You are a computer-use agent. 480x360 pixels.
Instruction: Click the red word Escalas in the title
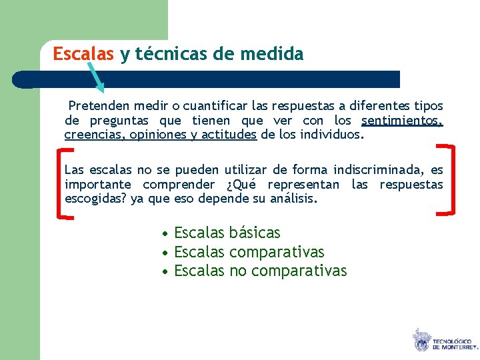[83, 54]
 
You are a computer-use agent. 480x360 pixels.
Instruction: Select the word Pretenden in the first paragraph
[99, 106]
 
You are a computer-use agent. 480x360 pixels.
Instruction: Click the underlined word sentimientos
[402, 121]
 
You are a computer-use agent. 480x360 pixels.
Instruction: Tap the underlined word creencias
[91, 135]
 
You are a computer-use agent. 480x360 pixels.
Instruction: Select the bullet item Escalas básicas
[227, 233]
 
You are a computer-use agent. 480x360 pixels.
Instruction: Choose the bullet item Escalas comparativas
[249, 252]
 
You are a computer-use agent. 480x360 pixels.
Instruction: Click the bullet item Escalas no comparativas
[260, 271]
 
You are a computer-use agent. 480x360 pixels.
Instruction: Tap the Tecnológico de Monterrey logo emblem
[421, 339]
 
